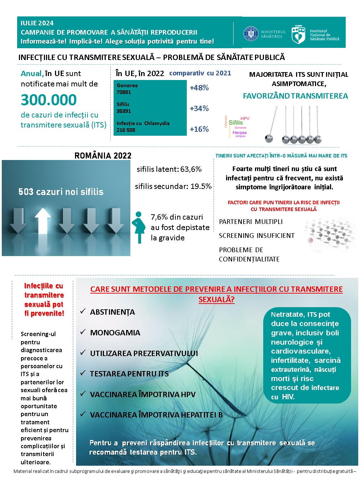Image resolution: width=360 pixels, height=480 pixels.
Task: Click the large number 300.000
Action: pyautogui.click(x=49, y=100)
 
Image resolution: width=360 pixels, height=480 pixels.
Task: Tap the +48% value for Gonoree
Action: pyautogui.click(x=199, y=88)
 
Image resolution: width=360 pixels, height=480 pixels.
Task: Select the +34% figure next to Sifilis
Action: pyautogui.click(x=199, y=109)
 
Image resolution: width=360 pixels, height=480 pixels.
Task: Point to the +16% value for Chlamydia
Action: pyautogui.click(x=199, y=129)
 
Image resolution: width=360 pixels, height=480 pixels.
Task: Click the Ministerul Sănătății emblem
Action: pyautogui.click(x=251, y=34)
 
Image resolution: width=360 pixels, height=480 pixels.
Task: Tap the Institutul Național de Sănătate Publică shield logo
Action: pyautogui.click(x=298, y=34)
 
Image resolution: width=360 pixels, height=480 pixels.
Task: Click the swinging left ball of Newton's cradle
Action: pyautogui.click(x=269, y=138)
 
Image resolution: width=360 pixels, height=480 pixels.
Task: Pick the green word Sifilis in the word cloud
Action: pyautogui.click(x=236, y=122)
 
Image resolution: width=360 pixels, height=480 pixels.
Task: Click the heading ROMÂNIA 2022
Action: pyautogui.click(x=103, y=156)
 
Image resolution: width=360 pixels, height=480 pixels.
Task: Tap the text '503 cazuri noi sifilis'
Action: pyautogui.click(x=61, y=192)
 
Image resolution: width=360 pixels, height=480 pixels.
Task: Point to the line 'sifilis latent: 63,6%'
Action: pyautogui.click(x=169, y=169)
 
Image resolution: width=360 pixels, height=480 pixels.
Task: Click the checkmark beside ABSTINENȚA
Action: pyautogui.click(x=83, y=311)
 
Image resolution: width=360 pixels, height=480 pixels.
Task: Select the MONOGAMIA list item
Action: pyautogui.click(x=115, y=333)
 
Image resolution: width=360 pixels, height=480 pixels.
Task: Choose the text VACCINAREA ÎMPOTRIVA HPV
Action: pyautogui.click(x=143, y=395)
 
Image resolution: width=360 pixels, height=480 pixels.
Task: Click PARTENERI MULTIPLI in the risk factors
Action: pyautogui.click(x=251, y=222)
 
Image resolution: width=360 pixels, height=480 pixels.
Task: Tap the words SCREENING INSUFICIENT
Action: pyautogui.click(x=257, y=236)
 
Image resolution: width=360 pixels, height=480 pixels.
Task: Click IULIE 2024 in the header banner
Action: pyautogui.click(x=37, y=23)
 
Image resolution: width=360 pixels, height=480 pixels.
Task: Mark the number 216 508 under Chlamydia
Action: pyautogui.click(x=126, y=130)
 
